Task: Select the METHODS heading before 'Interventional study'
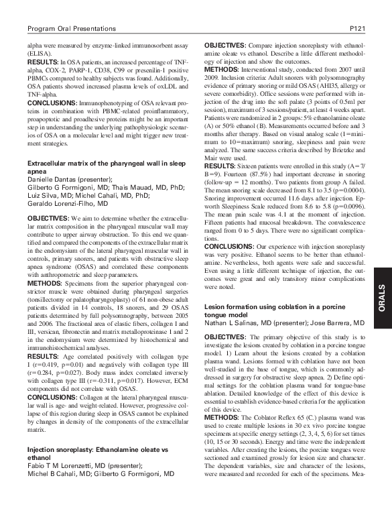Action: (222, 67)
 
